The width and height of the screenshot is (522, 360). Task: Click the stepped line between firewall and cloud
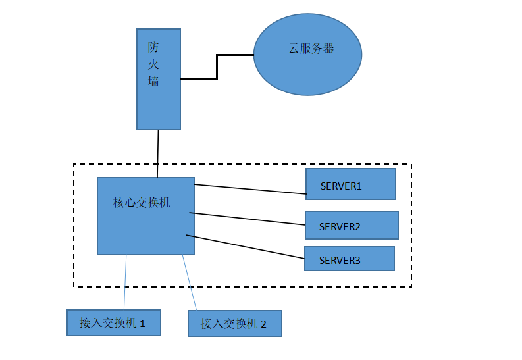217,66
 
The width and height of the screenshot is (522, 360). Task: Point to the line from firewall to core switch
158,153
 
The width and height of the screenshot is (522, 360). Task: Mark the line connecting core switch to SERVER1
250,189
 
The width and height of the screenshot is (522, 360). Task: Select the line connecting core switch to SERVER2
247,219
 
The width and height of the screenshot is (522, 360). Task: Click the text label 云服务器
311,49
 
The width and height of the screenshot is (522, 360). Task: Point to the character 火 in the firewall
153,64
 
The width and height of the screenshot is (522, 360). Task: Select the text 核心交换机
142,203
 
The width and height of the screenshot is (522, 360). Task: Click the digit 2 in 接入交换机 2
263,324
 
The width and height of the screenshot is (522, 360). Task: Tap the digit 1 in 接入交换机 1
142,323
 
